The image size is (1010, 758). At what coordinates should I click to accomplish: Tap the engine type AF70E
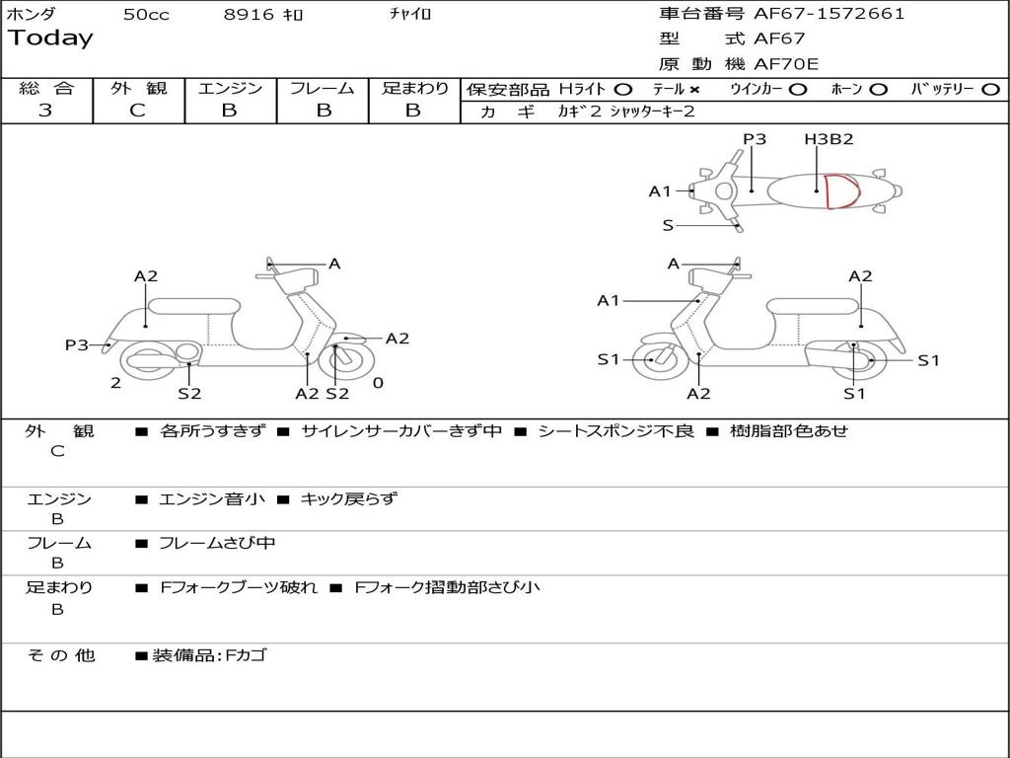click(786, 64)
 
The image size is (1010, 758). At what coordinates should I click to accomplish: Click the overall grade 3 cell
click(45, 111)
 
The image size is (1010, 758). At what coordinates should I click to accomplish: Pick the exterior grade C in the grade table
click(137, 111)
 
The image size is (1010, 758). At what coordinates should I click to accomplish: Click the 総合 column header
click(46, 89)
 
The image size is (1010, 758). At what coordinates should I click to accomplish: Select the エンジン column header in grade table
click(230, 89)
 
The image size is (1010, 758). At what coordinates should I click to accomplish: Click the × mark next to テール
click(693, 90)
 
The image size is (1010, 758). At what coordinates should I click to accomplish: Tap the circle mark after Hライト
click(622, 90)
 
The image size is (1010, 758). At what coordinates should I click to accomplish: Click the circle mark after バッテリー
click(990, 90)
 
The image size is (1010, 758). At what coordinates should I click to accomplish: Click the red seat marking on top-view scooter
click(841, 191)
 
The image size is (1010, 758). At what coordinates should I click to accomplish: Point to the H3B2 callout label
click(829, 139)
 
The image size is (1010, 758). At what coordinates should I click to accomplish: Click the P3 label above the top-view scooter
click(755, 139)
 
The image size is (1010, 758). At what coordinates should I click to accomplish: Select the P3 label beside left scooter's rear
click(77, 344)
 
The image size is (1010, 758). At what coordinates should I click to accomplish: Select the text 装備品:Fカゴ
click(209, 655)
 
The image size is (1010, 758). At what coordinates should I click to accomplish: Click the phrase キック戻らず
click(348, 499)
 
